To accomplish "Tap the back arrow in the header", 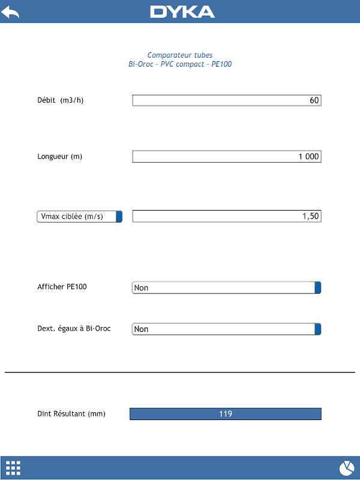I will click(x=10, y=12).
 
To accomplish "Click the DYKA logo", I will click(x=182, y=12).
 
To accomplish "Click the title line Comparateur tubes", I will click(x=180, y=55).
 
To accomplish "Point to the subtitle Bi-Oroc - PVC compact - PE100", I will click(x=180, y=64).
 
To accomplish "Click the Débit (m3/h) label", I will click(x=61, y=100).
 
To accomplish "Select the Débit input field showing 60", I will click(x=227, y=100).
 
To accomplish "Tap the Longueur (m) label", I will click(x=60, y=157).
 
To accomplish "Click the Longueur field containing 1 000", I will click(x=227, y=157).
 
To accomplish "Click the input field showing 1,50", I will click(x=227, y=216).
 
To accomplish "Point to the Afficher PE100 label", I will click(x=62, y=287).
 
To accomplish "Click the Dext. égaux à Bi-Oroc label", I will click(x=74, y=328).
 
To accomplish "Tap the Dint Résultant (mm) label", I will click(x=71, y=413).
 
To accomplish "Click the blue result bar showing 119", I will click(x=226, y=414).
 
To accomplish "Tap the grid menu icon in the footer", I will click(x=13, y=467).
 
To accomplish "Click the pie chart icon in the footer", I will click(x=346, y=467).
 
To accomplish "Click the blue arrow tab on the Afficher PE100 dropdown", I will click(x=318, y=287).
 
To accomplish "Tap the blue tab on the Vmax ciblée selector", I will click(x=119, y=217).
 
